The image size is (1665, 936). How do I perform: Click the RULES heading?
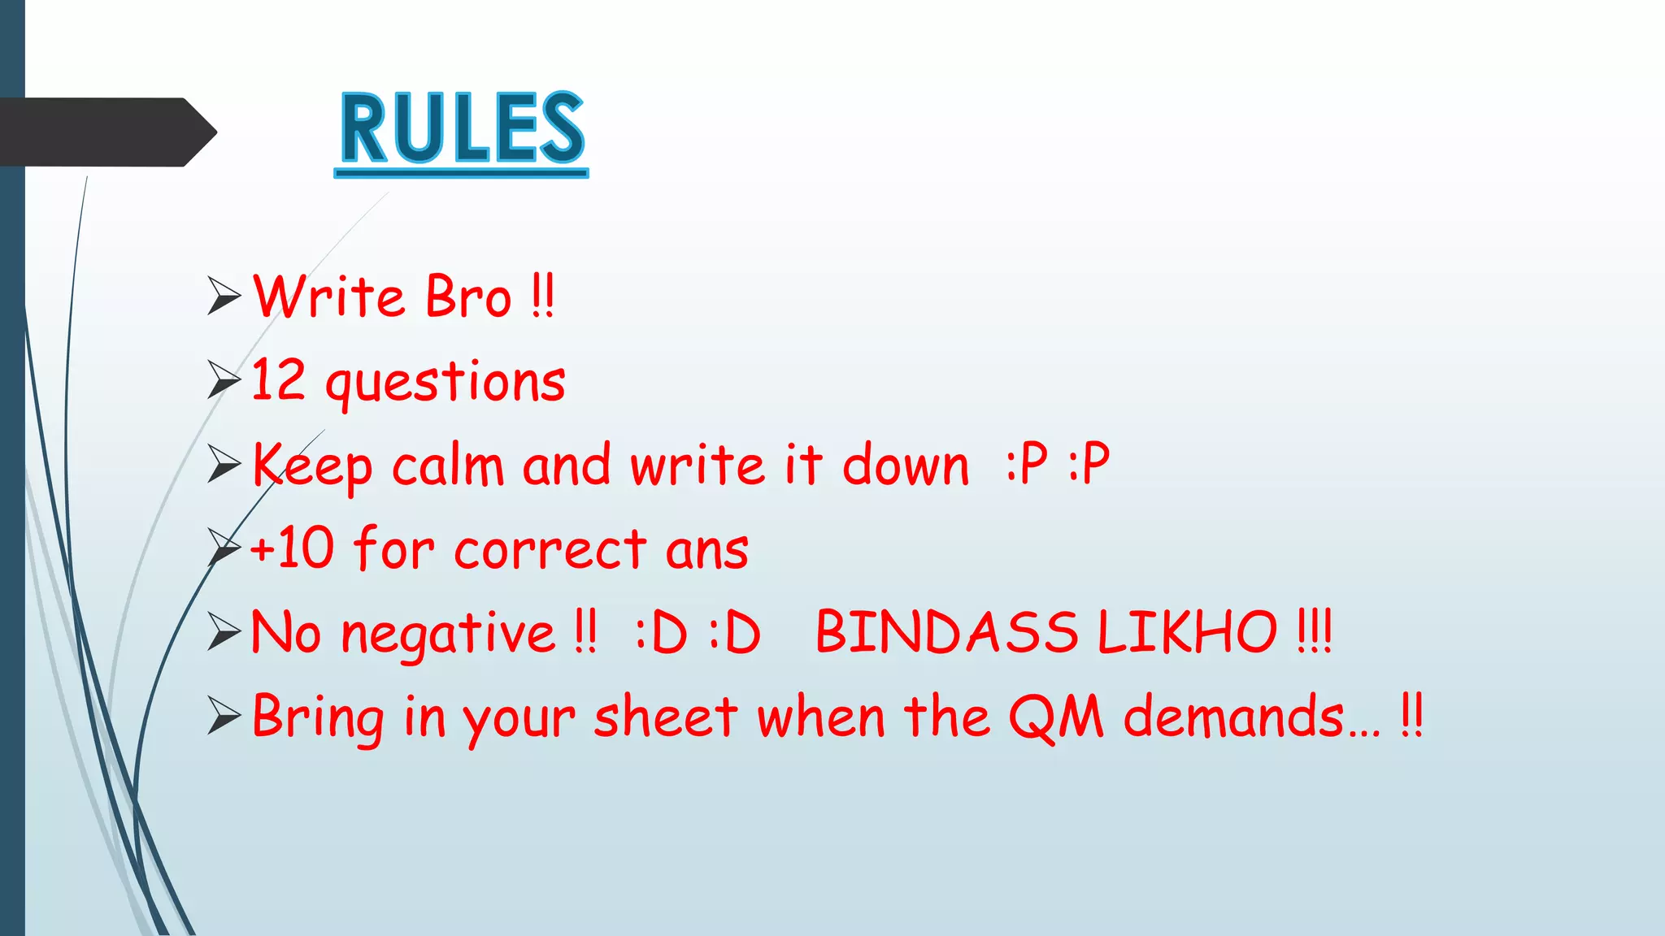[462, 130]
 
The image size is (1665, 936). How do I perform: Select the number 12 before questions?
[278, 380]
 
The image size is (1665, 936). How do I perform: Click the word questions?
[446, 383]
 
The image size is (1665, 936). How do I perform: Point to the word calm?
[448, 466]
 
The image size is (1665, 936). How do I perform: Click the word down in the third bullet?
[906, 466]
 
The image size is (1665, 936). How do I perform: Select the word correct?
[550, 551]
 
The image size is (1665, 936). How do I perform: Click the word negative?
[448, 635]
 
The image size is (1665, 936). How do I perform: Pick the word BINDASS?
[947, 633]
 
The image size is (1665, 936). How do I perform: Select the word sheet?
[666, 718]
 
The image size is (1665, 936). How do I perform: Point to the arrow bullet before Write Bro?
[224, 296]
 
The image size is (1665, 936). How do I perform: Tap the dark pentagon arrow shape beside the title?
[106, 132]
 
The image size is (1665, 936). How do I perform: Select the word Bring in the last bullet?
[318, 718]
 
